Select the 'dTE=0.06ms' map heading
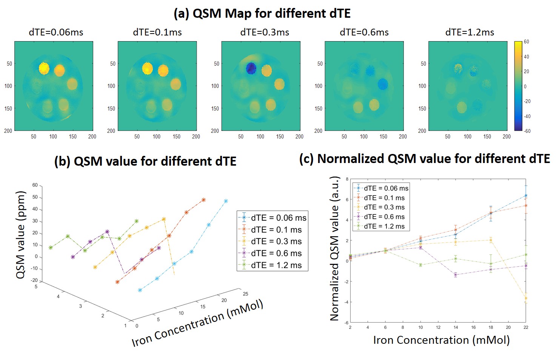point(56,32)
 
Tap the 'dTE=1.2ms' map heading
point(470,32)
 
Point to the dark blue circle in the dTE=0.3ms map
point(251,68)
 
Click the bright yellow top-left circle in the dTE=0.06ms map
point(44,68)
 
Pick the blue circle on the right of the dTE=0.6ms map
point(383,84)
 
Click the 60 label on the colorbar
point(527,42)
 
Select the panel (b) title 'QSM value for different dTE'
point(145,162)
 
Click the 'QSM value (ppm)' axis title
point(21,235)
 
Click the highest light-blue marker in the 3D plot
point(226,201)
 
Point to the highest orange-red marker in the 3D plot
point(203,200)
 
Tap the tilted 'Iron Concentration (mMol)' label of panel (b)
point(197,323)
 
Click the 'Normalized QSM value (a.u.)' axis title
point(334,249)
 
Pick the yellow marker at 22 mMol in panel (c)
point(526,298)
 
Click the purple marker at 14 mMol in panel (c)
point(456,275)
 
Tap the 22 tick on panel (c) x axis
point(526,327)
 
